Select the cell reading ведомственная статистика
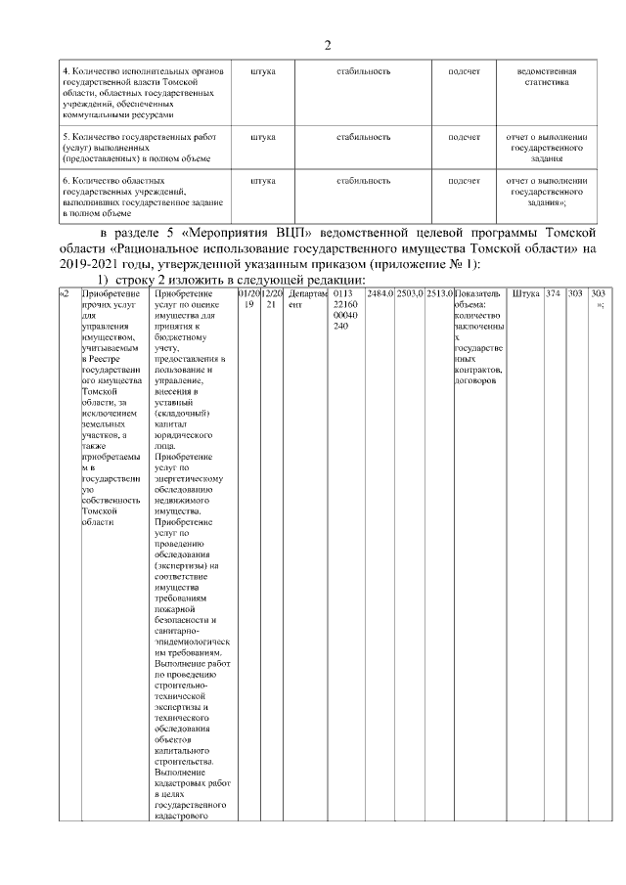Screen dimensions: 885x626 [546, 77]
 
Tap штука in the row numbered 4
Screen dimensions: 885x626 [263, 71]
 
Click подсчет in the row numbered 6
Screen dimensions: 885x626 [464, 181]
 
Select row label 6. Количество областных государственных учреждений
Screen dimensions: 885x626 [137, 197]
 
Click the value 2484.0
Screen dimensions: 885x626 [380, 293]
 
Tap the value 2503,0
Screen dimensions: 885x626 [410, 293]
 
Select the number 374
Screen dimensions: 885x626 [554, 293]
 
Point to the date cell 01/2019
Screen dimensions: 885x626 [248, 298]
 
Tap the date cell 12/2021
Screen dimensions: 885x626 [272, 298]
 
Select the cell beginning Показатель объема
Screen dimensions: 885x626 [479, 336]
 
